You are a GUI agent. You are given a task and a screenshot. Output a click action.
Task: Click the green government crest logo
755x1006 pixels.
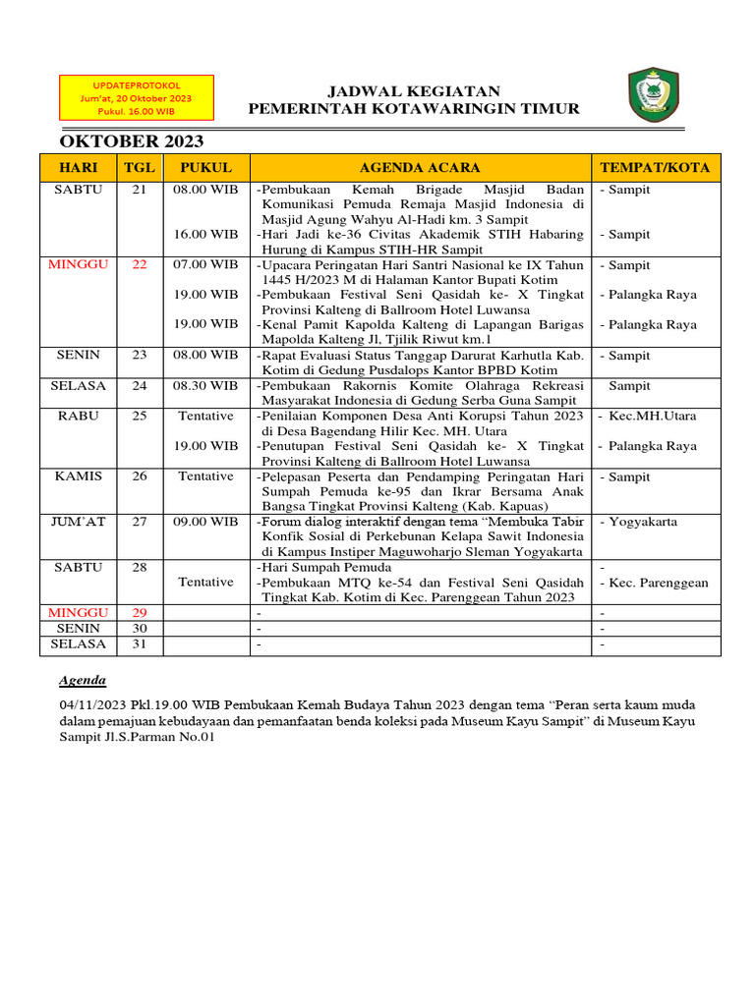click(x=652, y=96)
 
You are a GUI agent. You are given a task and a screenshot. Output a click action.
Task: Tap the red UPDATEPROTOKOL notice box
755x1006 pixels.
click(x=137, y=99)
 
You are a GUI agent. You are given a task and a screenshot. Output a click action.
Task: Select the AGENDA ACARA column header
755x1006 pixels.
click(x=420, y=168)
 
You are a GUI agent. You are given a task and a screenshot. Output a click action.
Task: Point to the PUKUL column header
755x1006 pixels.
click(x=205, y=168)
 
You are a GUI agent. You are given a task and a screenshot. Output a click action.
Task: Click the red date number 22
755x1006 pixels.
click(x=140, y=265)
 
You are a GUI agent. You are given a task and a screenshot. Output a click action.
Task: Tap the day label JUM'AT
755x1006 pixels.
click(x=79, y=522)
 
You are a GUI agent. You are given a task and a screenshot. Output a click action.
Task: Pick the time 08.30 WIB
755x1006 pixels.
click(x=205, y=386)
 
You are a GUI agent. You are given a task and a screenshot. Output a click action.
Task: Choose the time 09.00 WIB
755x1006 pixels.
click(x=205, y=522)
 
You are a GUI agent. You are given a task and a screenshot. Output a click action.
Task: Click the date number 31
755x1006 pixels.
click(x=140, y=644)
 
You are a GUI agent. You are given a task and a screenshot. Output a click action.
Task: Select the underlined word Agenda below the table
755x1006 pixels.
click(x=83, y=680)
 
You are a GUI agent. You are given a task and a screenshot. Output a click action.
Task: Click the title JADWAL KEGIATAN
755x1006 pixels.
click(x=413, y=90)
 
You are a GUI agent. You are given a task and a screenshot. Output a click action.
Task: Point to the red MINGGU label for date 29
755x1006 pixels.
click(x=79, y=612)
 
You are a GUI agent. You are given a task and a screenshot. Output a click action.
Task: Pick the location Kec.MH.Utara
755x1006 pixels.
click(x=652, y=416)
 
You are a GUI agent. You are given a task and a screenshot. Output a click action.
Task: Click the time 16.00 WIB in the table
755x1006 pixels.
click(x=205, y=235)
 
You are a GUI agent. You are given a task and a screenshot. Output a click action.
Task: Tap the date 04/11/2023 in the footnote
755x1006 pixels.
click(x=92, y=704)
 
